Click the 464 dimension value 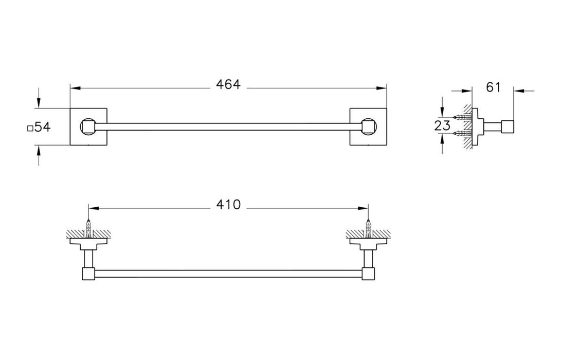(x=228, y=85)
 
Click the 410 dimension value (x=228, y=205)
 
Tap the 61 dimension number (x=493, y=87)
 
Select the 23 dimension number (x=443, y=125)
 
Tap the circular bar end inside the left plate (x=88, y=127)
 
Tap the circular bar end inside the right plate (x=368, y=127)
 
